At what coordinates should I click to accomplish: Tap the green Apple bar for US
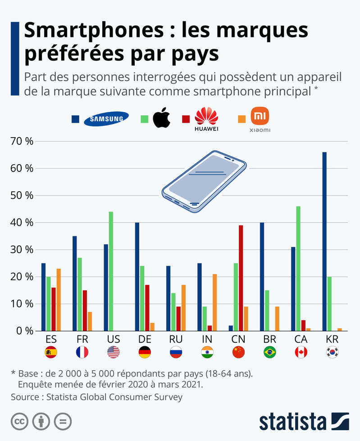click(111, 271)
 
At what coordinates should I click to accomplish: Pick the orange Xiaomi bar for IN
click(214, 302)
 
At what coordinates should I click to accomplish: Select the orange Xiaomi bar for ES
click(59, 299)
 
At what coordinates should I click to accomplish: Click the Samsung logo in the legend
click(107, 119)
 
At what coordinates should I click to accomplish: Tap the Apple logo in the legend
click(162, 119)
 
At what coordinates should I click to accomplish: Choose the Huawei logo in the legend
click(206, 119)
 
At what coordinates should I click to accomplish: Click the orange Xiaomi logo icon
click(260, 117)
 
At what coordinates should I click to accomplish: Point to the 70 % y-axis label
click(22, 141)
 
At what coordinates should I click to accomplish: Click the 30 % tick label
click(22, 249)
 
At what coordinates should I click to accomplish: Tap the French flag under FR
click(82, 352)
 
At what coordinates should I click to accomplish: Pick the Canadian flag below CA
click(301, 352)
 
